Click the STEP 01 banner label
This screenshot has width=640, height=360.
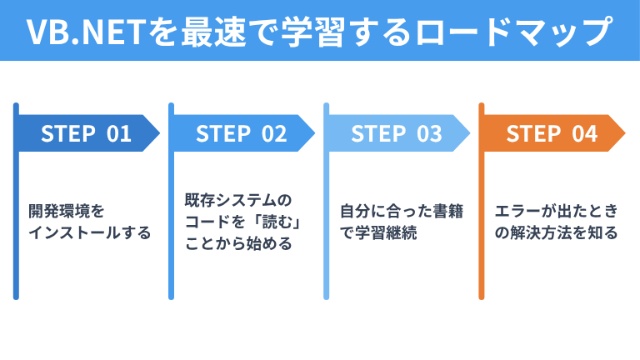pos(86,133)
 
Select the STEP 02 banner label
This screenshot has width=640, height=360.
pos(241,133)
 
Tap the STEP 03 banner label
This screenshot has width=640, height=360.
pos(396,133)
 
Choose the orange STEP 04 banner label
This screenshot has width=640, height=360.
pos(552,133)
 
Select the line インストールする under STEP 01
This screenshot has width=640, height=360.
pos(89,232)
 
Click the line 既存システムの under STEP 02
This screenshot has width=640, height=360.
pos(239,201)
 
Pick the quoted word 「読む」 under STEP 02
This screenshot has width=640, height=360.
pos(268,222)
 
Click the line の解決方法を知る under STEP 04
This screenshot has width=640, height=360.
pos(555,232)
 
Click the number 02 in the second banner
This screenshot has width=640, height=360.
pos(273,133)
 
